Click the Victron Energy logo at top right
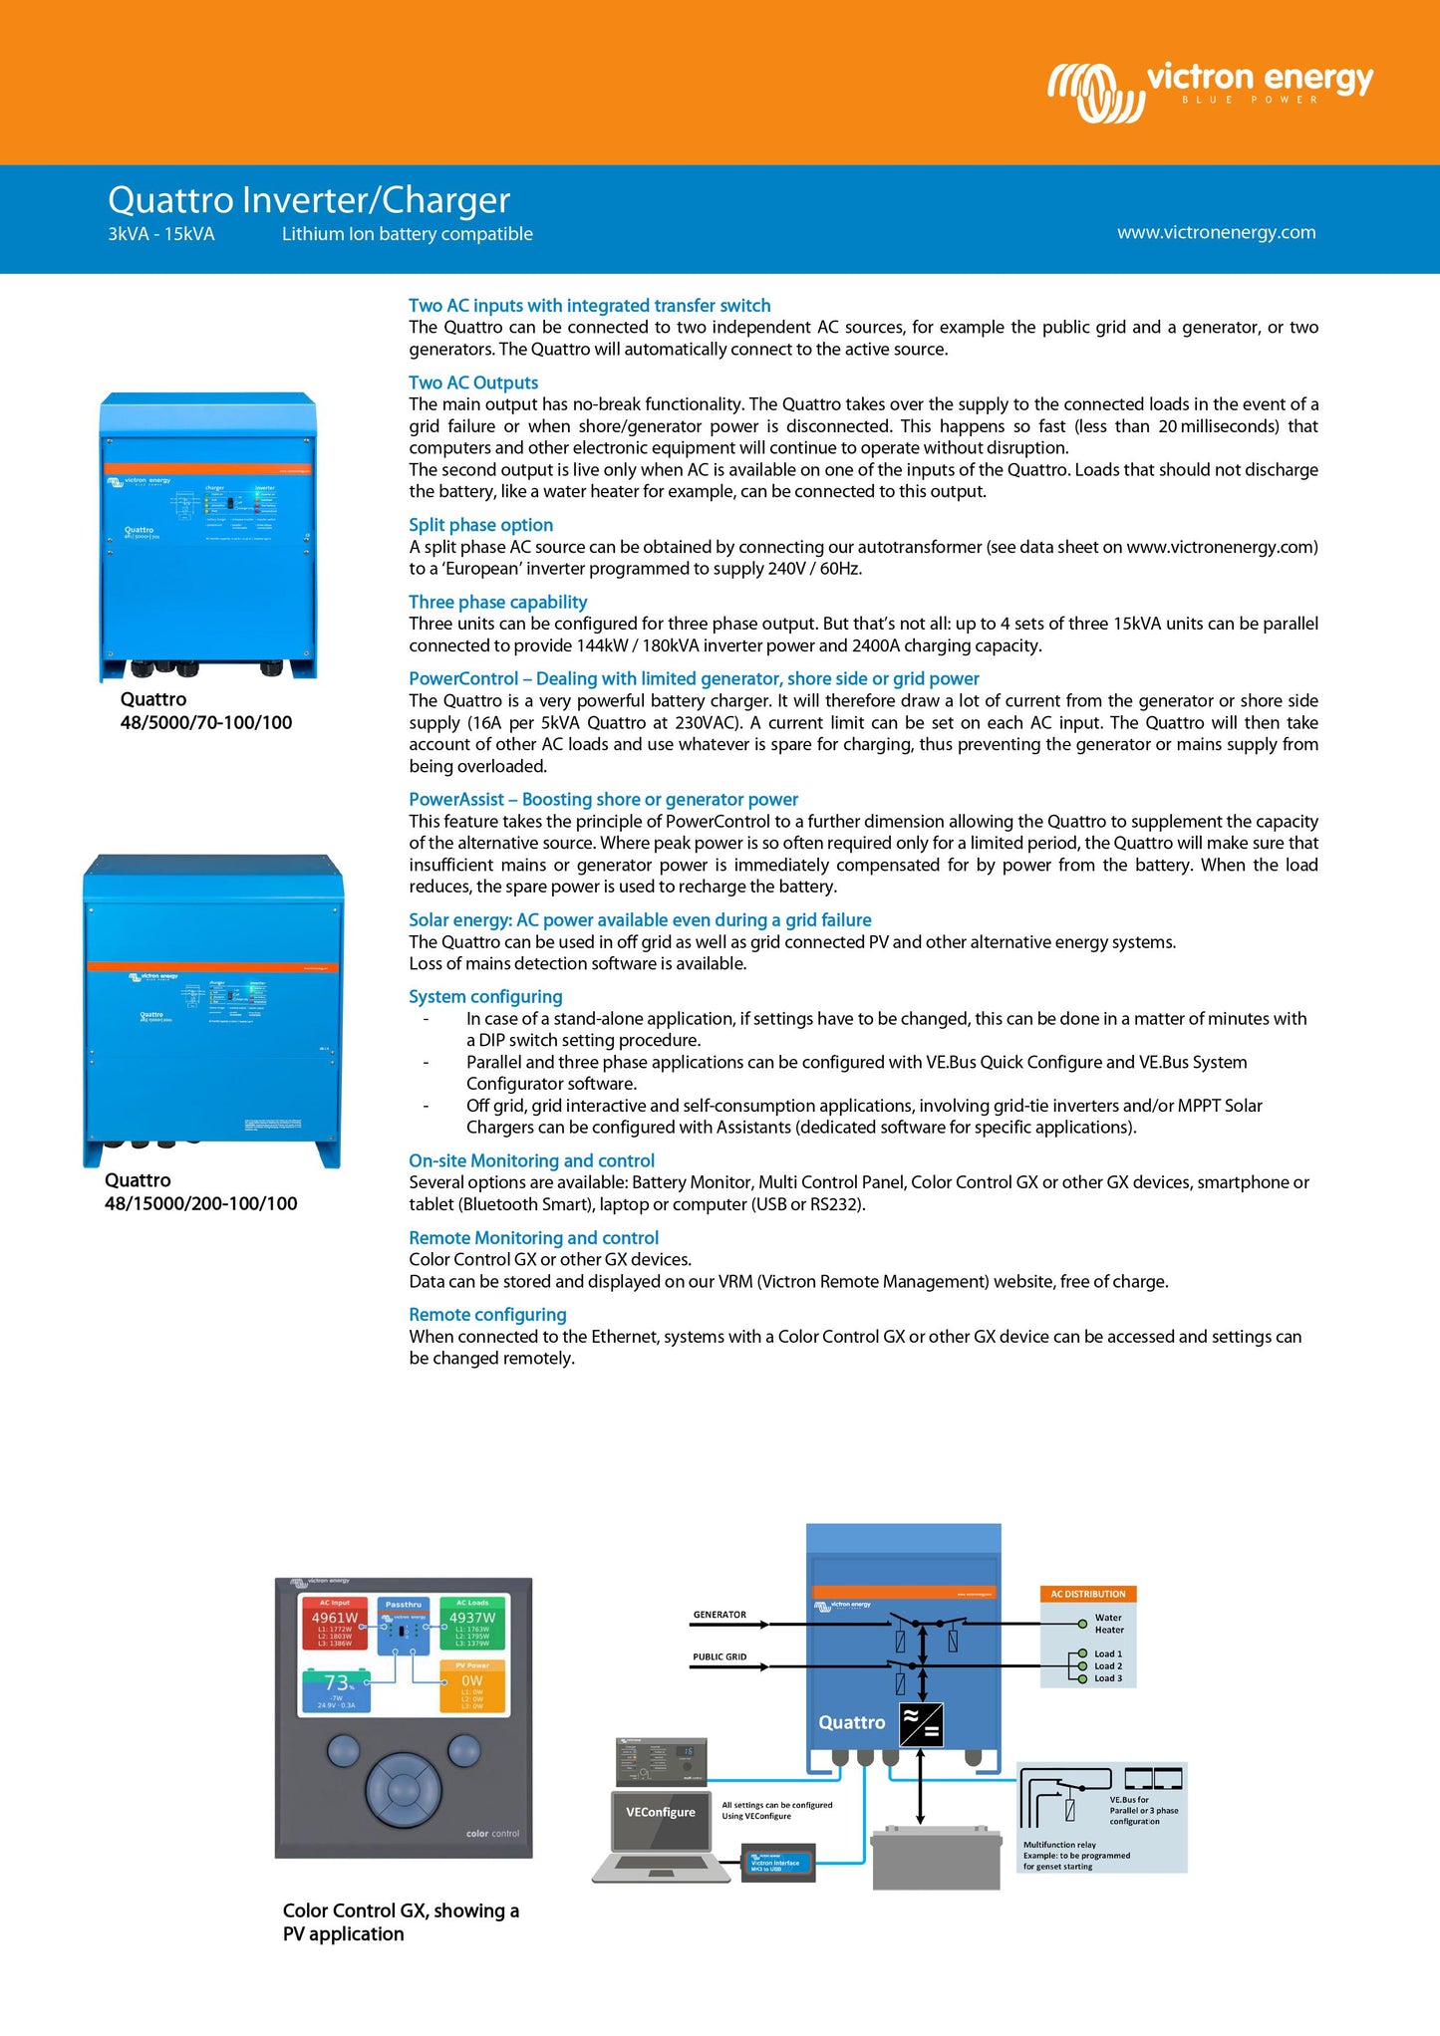click(1210, 90)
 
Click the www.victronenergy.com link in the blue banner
click(1216, 232)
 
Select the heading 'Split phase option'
click(480, 525)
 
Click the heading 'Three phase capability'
click(497, 602)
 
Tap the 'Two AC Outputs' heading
click(473, 382)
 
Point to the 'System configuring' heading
click(485, 997)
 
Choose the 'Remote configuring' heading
click(487, 1315)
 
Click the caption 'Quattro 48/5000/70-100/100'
click(206, 711)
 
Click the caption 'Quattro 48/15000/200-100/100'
click(200, 1192)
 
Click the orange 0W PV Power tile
click(472, 1685)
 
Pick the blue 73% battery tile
click(336, 1690)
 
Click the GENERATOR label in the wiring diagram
click(720, 1615)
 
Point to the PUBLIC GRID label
click(720, 1657)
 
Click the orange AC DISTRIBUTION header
click(1088, 1594)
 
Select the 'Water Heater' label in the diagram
click(1108, 1624)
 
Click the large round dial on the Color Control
click(403, 1790)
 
